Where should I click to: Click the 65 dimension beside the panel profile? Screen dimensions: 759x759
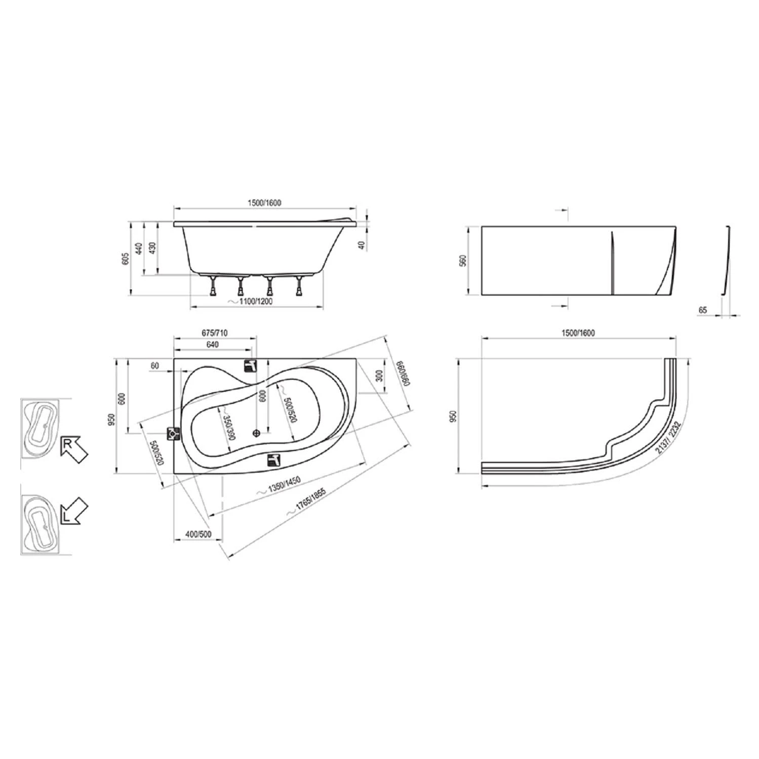tap(702, 310)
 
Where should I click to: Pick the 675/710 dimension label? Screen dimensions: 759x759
tap(215, 332)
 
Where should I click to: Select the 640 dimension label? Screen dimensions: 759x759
tap(213, 345)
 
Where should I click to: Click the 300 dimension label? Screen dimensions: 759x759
tap(379, 376)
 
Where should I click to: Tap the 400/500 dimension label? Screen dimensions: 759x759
tap(198, 534)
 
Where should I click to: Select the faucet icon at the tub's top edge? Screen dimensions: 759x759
tap(251, 365)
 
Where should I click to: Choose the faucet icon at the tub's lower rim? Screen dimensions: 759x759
tap(274, 459)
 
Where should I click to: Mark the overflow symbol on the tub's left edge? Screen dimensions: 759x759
tap(174, 434)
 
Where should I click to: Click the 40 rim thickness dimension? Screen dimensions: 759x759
tap(361, 245)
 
